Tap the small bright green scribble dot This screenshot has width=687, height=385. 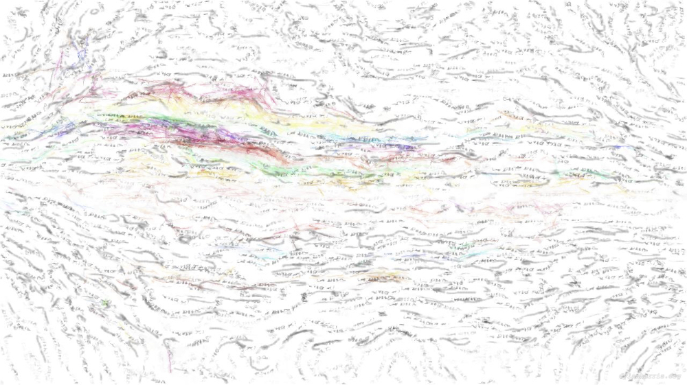(x=105, y=303)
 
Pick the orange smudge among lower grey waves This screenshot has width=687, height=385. (x=385, y=277)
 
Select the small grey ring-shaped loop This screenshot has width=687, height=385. (x=184, y=240)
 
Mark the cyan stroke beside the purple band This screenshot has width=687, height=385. (x=330, y=137)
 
